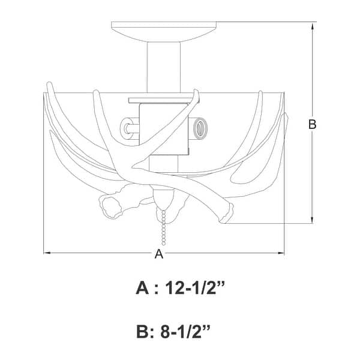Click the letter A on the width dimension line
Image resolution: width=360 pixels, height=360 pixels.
point(159,254)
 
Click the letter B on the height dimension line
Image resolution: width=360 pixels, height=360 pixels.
point(312,124)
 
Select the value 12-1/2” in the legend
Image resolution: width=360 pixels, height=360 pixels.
point(194,287)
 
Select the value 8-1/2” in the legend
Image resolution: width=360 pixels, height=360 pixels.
point(185,332)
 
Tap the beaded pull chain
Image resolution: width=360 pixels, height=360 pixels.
point(163,228)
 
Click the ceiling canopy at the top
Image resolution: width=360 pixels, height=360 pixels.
point(164,32)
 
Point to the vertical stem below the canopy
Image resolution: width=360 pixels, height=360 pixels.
point(164,67)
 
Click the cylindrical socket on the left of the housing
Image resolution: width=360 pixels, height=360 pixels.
point(129,128)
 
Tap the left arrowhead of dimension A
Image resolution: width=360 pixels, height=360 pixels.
point(47,253)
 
